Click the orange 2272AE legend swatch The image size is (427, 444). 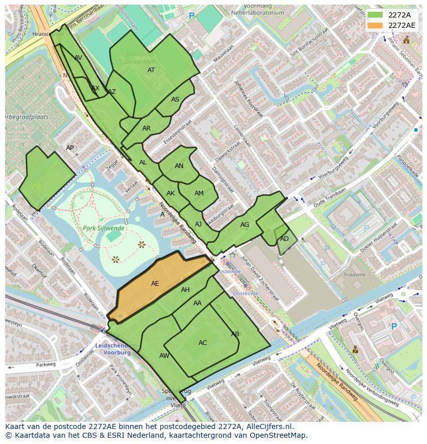click(375, 25)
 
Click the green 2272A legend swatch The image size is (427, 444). click(375, 15)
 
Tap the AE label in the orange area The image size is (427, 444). click(155, 284)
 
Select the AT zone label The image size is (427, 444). click(151, 70)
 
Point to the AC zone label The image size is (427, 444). click(203, 343)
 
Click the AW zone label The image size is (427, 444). click(164, 356)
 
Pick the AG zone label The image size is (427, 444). click(244, 225)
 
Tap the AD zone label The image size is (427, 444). click(284, 239)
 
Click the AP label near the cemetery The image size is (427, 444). click(70, 148)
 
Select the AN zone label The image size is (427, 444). click(179, 166)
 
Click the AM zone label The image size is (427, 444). click(199, 193)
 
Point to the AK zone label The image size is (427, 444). click(171, 193)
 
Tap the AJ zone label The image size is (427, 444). click(199, 224)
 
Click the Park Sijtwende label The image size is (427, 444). click(103, 227)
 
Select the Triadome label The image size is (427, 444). click(355, 275)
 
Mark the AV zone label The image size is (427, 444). click(78, 58)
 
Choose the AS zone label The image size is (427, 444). click(175, 100)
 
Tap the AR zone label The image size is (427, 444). click(146, 128)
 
